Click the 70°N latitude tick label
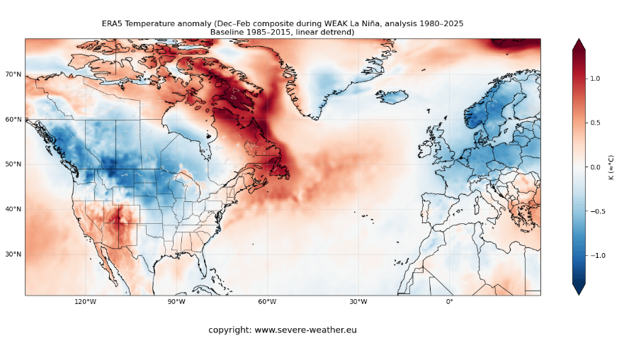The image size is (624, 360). click(13, 74)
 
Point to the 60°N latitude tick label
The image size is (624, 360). click(13, 119)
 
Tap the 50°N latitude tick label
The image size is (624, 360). click(13, 164)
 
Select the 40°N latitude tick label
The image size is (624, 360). click(13, 209)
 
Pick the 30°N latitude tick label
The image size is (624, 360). click(13, 254)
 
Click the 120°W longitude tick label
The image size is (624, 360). click(86, 302)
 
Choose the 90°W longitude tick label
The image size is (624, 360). click(176, 302)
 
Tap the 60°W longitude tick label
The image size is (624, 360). click(267, 302)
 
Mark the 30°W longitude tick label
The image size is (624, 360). click(358, 302)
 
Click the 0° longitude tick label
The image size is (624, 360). click(449, 302)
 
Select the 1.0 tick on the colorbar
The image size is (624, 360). click(596, 79)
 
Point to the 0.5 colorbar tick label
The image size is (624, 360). click(596, 123)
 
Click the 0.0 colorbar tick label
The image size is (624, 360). click(596, 167)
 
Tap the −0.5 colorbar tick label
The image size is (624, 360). click(598, 211)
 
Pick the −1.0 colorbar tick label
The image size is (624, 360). click(598, 255)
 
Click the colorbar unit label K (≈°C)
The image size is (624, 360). click(611, 167)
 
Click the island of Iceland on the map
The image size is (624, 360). click(392, 96)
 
